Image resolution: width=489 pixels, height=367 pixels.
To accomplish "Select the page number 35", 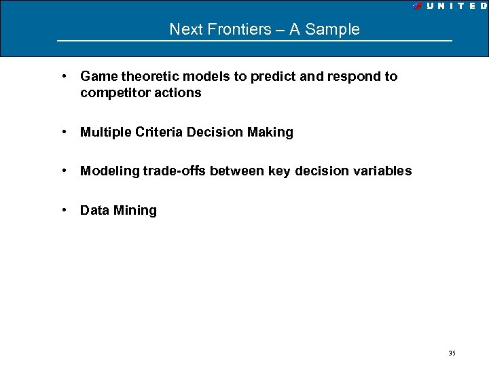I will pyautogui.click(x=452, y=353).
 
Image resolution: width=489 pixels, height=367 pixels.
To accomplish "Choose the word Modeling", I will pyautogui.click(x=109, y=171).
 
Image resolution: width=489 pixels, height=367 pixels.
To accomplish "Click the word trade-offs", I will pyautogui.click(x=174, y=171).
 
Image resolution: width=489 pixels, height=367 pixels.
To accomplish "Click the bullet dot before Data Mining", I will pyautogui.click(x=63, y=210).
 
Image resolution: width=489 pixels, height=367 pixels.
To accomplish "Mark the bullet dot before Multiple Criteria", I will pyautogui.click(x=63, y=132).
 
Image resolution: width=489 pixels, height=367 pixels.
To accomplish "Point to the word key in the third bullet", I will pyautogui.click(x=278, y=171).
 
